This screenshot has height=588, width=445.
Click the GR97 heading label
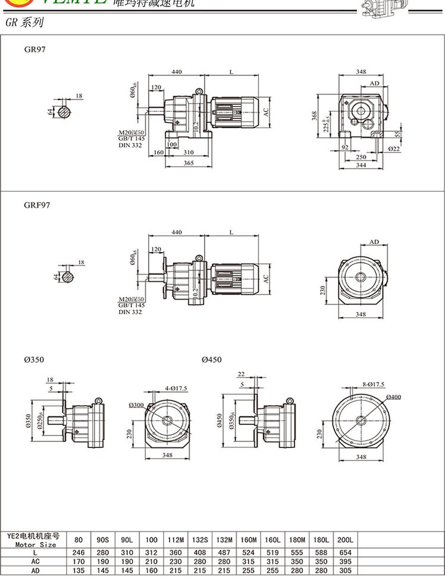coord(35,49)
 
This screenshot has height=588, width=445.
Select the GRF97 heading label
coord(37,205)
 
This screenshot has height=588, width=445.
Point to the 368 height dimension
coord(314,116)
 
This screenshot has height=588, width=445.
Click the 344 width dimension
coord(361,165)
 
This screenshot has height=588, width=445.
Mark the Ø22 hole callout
coord(394,148)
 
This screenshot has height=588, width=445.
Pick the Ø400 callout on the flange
coord(393,397)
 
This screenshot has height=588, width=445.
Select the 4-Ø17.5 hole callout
coord(176,388)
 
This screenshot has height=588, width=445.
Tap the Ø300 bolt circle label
coord(136,405)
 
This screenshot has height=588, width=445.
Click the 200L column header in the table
coord(345,540)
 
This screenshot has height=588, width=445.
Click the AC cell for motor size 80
coord(79,562)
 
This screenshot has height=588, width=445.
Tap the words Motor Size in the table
coord(36,545)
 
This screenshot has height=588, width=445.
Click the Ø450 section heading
coord(212,360)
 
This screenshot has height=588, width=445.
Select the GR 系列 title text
coord(34,23)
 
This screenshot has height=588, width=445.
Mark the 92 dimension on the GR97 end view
coord(344,146)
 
